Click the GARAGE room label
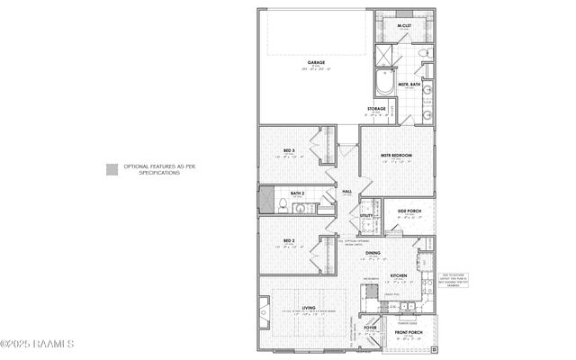click(317, 63)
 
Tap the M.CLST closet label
click(404, 25)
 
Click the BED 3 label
click(290, 150)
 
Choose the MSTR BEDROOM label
click(396, 156)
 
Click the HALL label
click(346, 192)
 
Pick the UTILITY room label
click(366, 216)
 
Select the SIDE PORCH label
click(409, 211)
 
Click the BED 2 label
click(290, 241)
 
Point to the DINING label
click(373, 253)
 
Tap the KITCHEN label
click(399, 275)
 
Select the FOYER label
click(370, 328)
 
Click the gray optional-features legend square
click(112, 167)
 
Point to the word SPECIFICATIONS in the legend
click(159, 172)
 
